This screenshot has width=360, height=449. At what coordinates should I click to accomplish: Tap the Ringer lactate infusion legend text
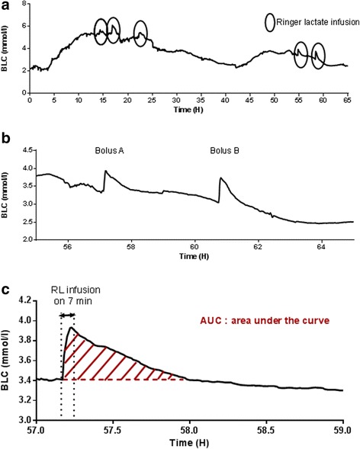(x=313, y=22)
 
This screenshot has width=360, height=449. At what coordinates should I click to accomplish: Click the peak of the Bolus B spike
(x=220, y=178)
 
